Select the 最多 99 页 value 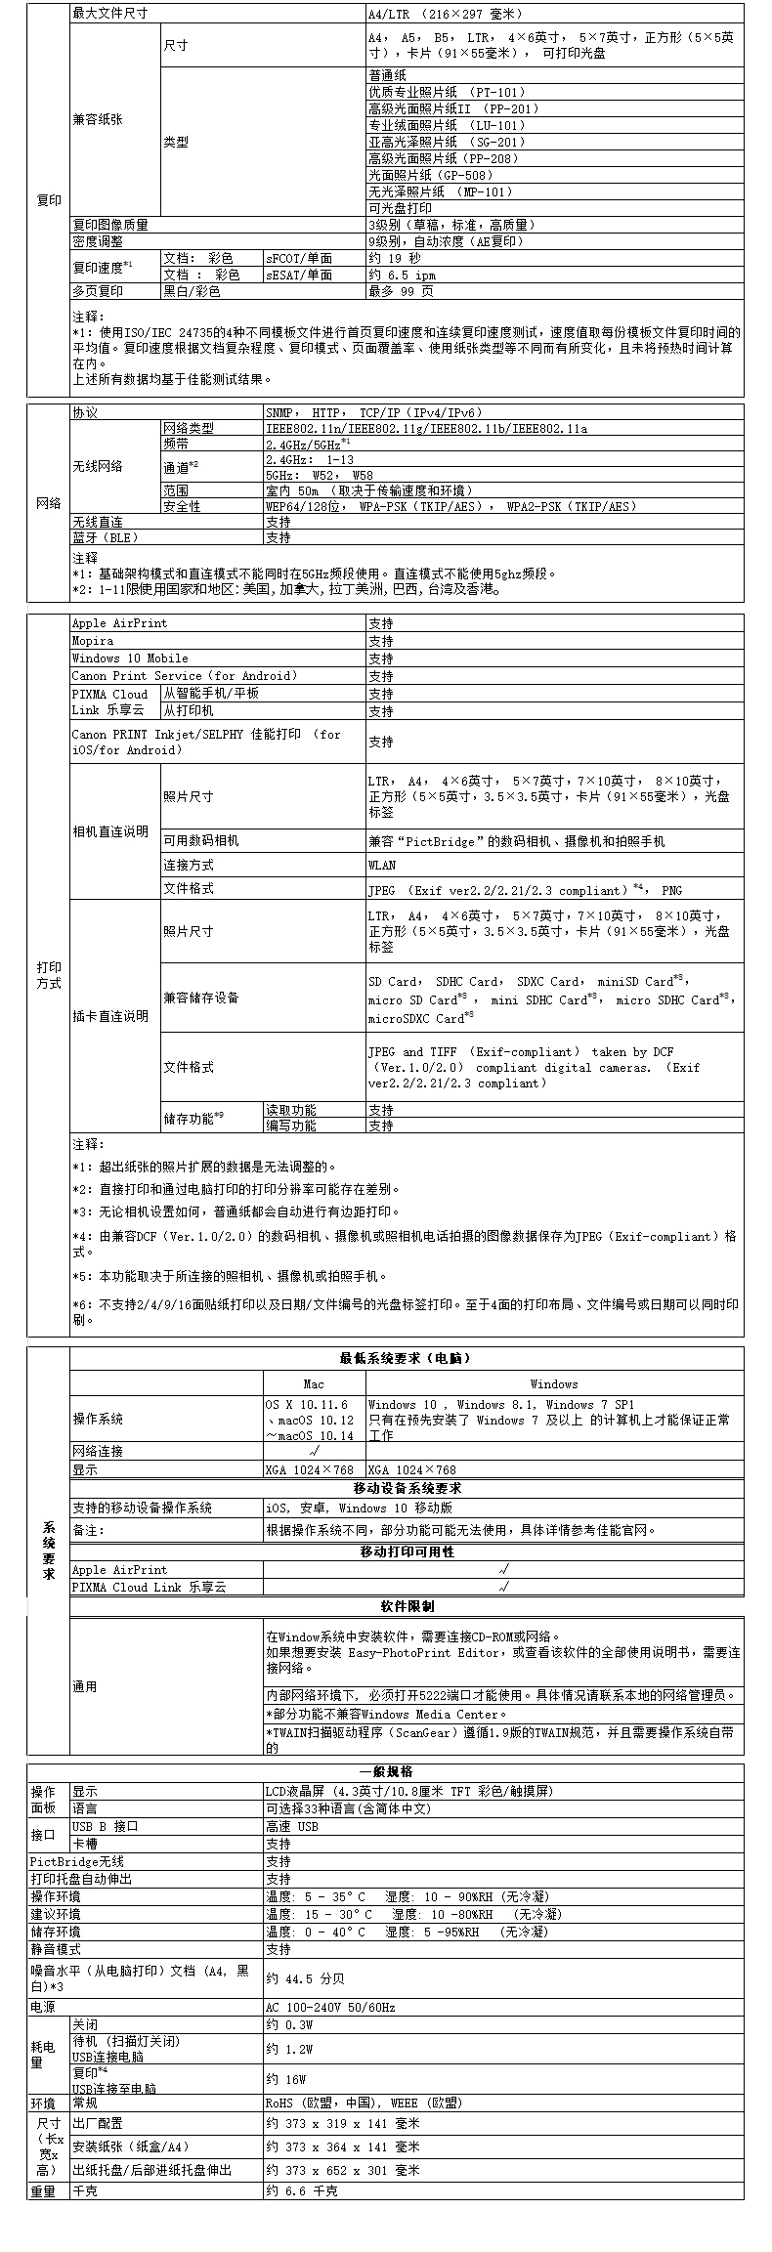pos(401,291)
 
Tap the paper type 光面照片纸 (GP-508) pos(430,175)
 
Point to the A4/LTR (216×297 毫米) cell pos(446,14)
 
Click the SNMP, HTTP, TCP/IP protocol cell pos(374,413)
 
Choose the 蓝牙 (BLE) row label pos(106,537)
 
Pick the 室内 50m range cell pos(369,490)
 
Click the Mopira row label pos(93,641)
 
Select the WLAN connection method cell pos(382,865)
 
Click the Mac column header pos(314,1383)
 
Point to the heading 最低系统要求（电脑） pos(406,1358)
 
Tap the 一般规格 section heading pos(386,1771)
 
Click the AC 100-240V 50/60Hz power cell pos(330,2007)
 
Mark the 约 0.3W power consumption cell pos(287,2025)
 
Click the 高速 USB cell pos(292,1826)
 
